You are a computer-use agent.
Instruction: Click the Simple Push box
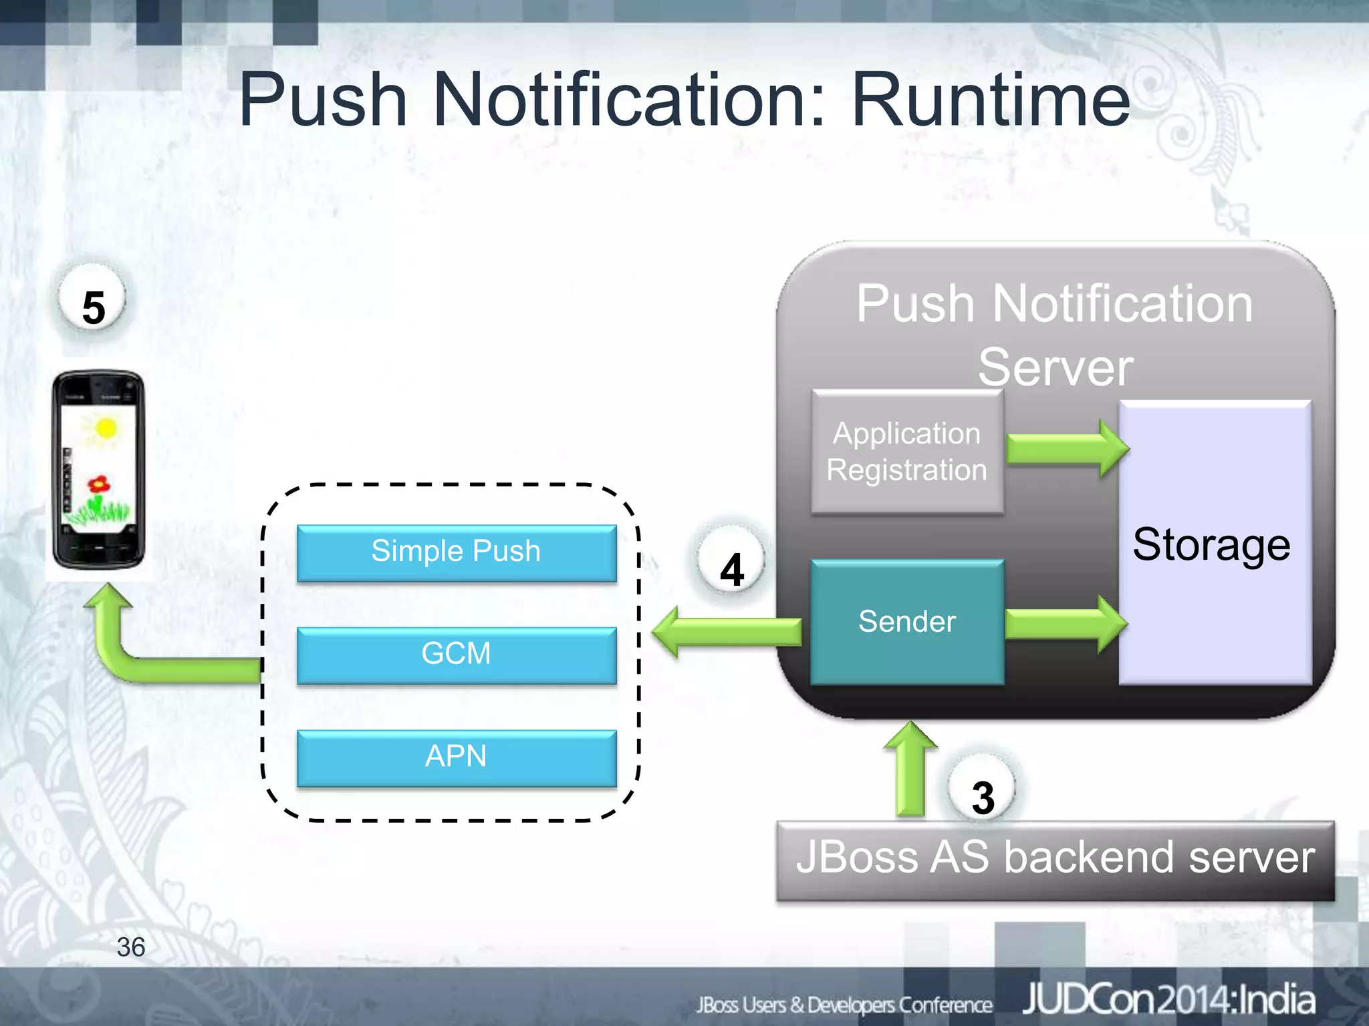[x=457, y=552]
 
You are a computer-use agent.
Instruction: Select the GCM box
[x=457, y=655]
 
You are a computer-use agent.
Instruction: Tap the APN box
[x=457, y=757]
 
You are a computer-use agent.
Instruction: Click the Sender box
[x=906, y=622]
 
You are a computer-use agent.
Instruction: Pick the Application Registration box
[x=906, y=452]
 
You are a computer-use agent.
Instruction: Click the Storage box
[x=1215, y=542]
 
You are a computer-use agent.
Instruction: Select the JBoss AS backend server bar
[x=1055, y=860]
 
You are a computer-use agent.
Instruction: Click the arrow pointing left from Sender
[x=725, y=631]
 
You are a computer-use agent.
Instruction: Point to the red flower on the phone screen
[x=99, y=484]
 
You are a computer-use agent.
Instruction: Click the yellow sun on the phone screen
[x=105, y=427]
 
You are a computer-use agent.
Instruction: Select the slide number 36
[x=130, y=947]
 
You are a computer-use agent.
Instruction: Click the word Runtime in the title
[x=990, y=100]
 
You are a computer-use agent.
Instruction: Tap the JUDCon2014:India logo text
[x=1168, y=1000]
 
